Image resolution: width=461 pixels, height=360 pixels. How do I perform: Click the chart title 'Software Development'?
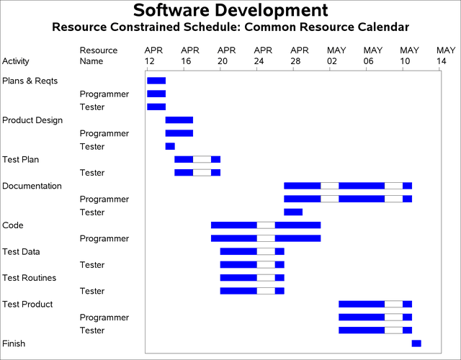click(x=230, y=11)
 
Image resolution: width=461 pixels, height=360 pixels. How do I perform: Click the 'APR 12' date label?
click(x=154, y=55)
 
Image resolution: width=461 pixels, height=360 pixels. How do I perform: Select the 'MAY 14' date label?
click(x=446, y=55)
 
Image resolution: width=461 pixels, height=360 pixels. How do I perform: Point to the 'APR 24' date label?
click(x=264, y=55)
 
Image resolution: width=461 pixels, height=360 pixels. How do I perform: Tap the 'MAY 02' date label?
click(x=336, y=55)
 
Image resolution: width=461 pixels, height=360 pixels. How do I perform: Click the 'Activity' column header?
click(x=16, y=61)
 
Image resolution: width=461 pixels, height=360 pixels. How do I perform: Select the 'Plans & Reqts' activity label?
click(x=30, y=81)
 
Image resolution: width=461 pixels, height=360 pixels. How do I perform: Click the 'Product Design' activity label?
click(x=32, y=120)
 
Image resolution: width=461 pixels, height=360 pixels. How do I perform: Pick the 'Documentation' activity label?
click(x=32, y=186)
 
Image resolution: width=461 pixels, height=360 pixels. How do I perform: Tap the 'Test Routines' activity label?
click(x=29, y=278)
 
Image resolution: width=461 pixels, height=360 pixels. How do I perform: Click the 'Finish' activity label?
click(x=14, y=343)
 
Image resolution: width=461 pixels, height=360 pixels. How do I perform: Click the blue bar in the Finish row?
click(x=416, y=343)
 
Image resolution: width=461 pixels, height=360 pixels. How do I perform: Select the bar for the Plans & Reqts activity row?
click(x=156, y=81)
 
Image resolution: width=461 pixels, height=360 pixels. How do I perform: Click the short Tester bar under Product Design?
click(x=170, y=146)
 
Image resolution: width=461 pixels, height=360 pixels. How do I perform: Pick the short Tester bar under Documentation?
click(x=293, y=212)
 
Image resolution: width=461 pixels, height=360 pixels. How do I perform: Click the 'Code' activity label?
click(x=13, y=225)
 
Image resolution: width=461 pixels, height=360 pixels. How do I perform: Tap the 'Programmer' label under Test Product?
click(x=104, y=318)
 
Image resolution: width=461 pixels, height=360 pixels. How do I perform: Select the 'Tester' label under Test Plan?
click(x=92, y=173)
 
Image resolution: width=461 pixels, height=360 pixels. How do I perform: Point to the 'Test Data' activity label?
click(x=22, y=252)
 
